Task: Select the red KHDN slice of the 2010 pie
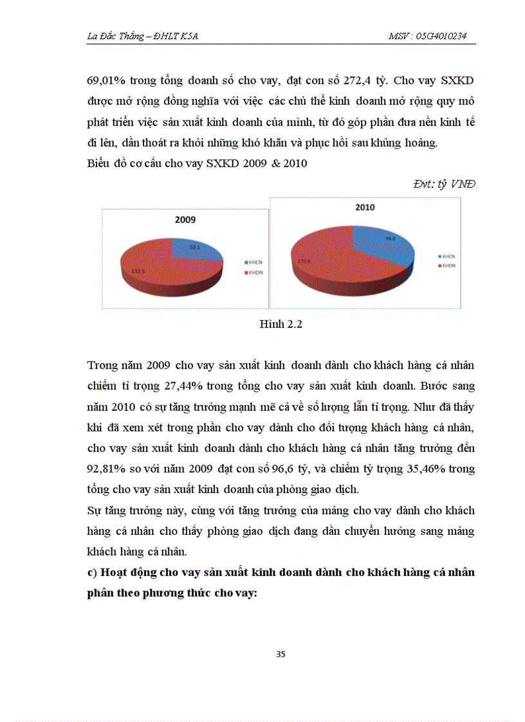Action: pos(322,270)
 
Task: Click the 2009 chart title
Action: pos(185,219)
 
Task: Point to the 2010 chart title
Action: pos(365,208)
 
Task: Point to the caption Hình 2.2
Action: pos(281,324)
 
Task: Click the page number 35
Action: pos(281,654)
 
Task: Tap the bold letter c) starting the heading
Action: pos(91,572)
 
